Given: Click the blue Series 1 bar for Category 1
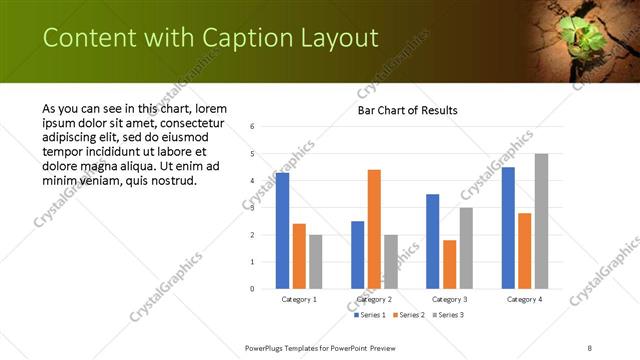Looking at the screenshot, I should click(x=283, y=231).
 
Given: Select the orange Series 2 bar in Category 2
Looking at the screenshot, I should click(x=374, y=229).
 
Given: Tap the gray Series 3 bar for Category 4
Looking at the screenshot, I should click(x=541, y=221).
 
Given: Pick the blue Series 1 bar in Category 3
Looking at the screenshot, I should click(x=433, y=241).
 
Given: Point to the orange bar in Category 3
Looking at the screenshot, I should click(x=449, y=264).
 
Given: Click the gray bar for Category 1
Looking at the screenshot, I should click(x=315, y=262).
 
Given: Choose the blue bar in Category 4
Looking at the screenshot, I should click(x=508, y=228).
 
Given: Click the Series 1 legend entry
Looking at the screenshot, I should click(x=373, y=315).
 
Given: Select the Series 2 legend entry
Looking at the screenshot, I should click(x=410, y=315).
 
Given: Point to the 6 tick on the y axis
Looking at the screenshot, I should click(x=253, y=127).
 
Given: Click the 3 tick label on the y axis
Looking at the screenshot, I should click(x=253, y=208).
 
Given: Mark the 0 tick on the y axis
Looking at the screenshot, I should click(x=253, y=289).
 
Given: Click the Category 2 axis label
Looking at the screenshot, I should click(x=374, y=299).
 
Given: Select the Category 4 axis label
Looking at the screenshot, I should click(x=524, y=299).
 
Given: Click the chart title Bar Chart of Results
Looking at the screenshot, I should click(x=407, y=110).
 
